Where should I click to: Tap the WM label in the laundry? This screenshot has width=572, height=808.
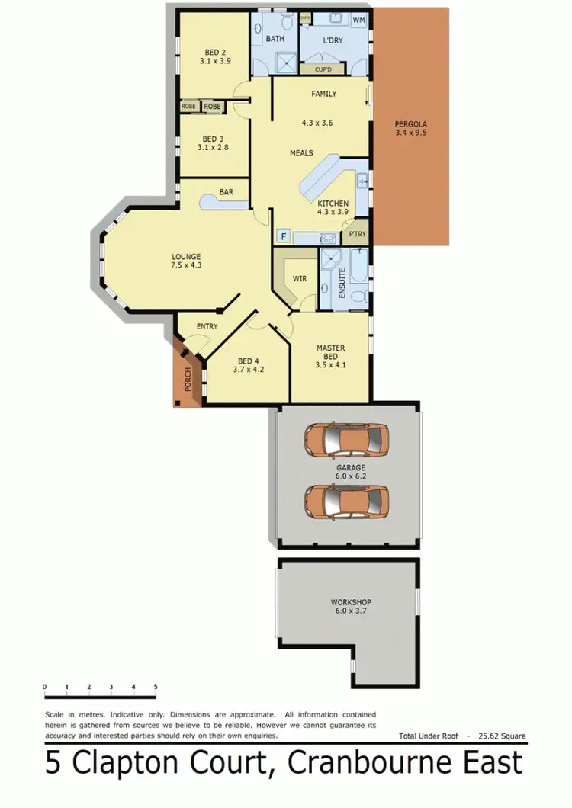[x=358, y=20]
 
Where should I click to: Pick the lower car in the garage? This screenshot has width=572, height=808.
[x=345, y=500]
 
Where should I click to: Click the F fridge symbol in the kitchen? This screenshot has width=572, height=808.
[x=283, y=237]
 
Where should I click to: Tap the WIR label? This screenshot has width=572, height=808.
[x=300, y=279]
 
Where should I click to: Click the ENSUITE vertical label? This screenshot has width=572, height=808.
[x=342, y=282]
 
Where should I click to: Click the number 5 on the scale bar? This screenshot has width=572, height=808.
[x=156, y=687]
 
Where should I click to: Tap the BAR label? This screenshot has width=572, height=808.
[x=226, y=192]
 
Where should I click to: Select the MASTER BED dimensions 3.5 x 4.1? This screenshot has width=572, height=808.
[x=330, y=364]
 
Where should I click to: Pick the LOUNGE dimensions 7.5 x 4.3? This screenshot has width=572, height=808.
[x=186, y=265]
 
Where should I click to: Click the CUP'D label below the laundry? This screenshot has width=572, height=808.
[x=323, y=69]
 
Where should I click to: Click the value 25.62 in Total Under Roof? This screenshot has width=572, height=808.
[x=493, y=736]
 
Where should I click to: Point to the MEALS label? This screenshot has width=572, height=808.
[x=301, y=153]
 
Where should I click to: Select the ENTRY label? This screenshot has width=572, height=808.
[x=207, y=326]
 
